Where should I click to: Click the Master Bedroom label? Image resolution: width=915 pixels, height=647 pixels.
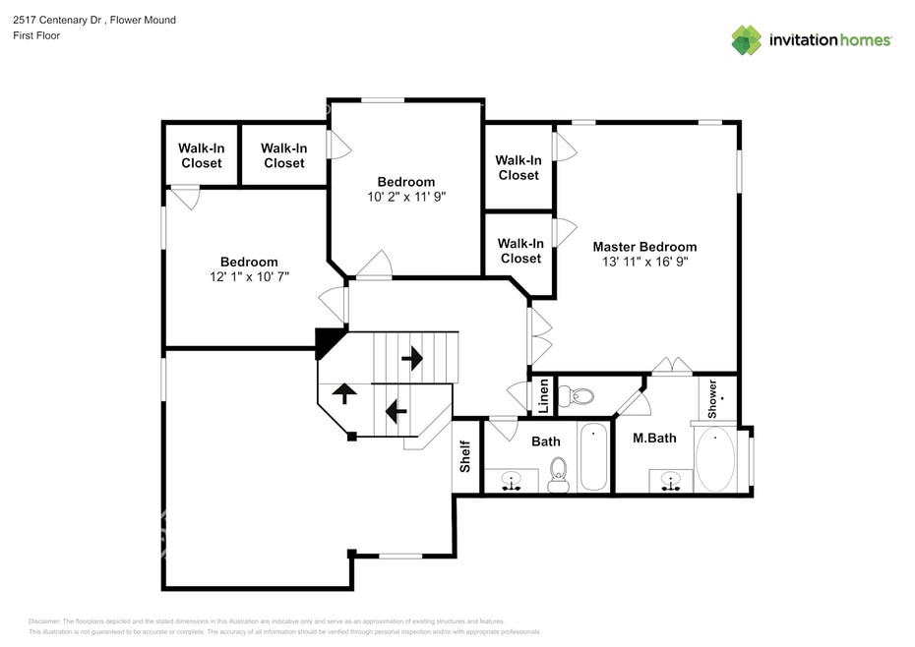644,247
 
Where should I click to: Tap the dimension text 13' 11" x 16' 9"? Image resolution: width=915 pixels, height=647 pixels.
644,262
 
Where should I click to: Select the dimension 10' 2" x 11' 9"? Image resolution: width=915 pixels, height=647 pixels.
406,197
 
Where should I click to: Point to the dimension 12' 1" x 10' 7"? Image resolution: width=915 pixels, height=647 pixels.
249,276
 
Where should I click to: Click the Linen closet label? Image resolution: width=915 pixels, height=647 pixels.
543,396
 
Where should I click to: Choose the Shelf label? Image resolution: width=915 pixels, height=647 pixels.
465,456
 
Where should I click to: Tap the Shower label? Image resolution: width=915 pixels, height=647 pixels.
712,399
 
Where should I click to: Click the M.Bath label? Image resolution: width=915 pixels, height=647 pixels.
654,438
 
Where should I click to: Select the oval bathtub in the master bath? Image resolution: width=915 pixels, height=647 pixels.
715,459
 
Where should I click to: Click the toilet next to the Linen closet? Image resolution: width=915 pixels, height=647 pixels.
576,396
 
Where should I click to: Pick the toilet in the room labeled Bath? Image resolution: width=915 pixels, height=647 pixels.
559,475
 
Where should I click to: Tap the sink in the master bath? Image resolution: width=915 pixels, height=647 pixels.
671,482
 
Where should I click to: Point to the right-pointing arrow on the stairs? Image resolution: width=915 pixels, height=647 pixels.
412,358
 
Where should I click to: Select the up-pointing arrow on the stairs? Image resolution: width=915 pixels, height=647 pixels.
344,393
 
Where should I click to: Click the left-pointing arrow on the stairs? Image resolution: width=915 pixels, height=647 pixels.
396,411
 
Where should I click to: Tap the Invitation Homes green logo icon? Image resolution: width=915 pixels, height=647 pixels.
747,39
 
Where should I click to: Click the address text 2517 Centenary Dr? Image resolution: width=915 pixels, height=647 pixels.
58,20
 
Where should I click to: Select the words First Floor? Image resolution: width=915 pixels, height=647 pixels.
36,35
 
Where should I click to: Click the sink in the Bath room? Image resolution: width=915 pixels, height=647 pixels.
512,481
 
